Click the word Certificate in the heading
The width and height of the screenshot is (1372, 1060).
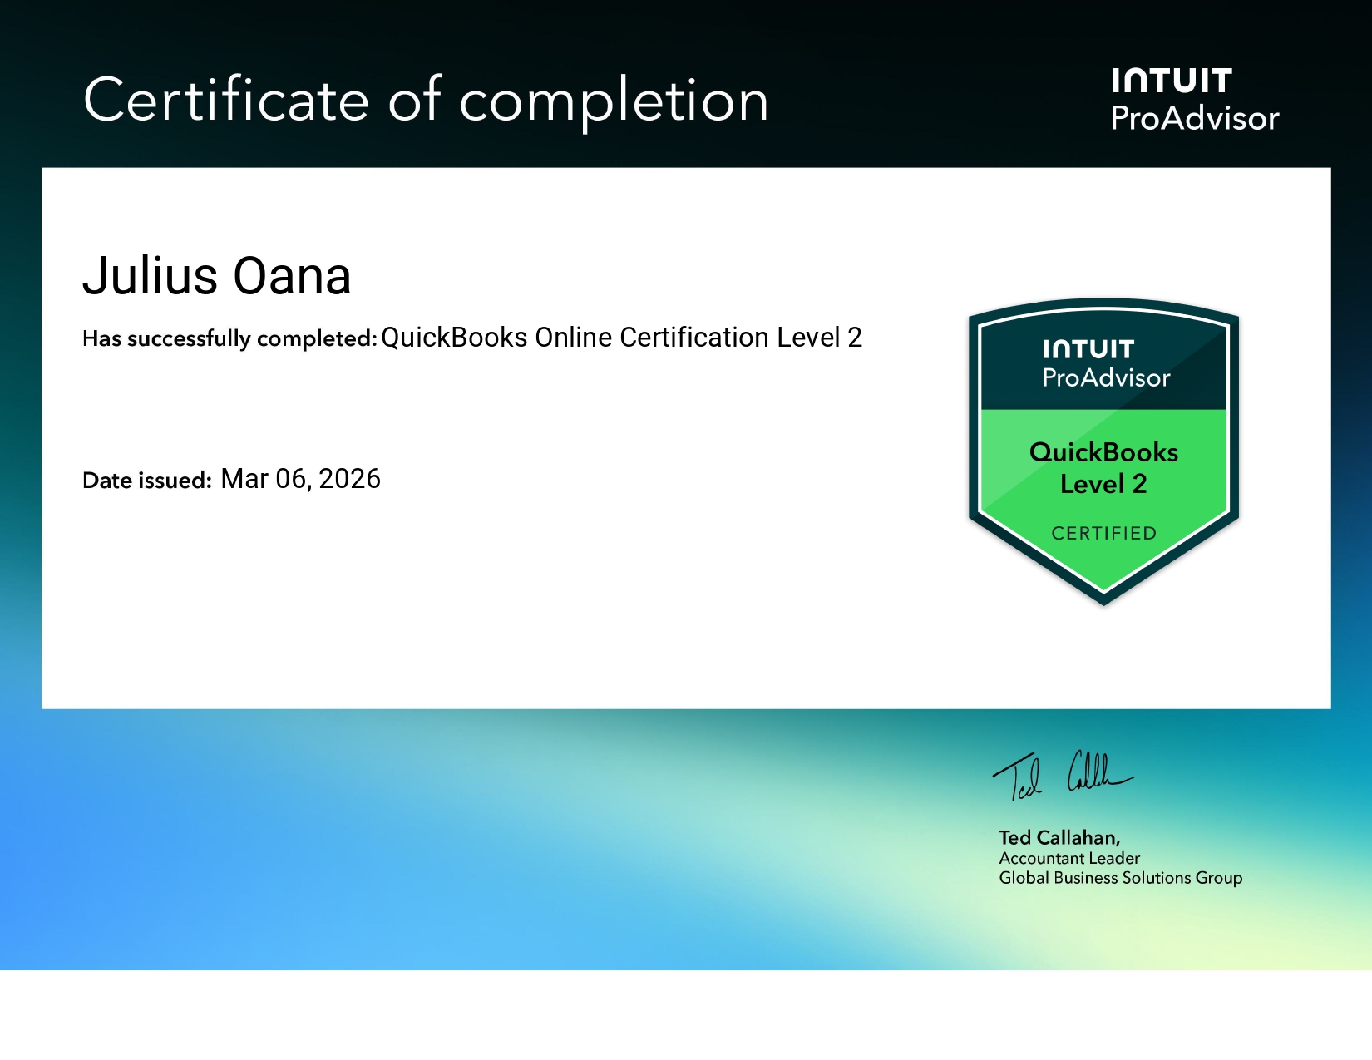tap(226, 101)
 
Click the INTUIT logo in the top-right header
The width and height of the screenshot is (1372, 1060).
tap(1171, 81)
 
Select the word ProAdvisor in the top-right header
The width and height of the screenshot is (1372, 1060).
tap(1194, 119)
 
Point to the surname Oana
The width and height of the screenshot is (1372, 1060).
tap(292, 276)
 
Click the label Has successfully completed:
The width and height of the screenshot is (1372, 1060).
tap(229, 338)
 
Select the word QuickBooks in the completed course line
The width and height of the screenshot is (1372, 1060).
tap(454, 338)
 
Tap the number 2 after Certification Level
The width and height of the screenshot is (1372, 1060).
tap(855, 338)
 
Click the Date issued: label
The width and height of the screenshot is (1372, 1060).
tap(147, 481)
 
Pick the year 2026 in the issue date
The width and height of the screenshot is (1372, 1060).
tap(349, 479)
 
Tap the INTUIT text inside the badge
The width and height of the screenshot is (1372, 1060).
tap(1088, 349)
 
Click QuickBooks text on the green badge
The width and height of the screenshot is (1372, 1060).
tap(1103, 452)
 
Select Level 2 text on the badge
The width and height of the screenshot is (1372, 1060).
tap(1103, 484)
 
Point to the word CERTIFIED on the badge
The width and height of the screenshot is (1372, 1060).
tap(1103, 533)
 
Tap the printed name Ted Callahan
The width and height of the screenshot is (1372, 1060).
tap(1059, 837)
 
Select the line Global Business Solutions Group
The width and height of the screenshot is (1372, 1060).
tap(1120, 878)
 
